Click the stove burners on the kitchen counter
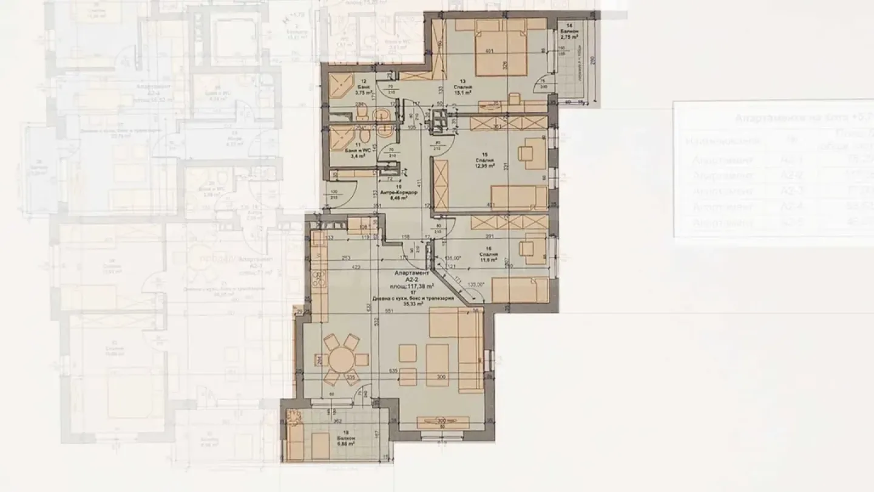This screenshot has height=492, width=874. point(318,279)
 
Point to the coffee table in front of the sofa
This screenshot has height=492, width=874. point(437,364)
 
